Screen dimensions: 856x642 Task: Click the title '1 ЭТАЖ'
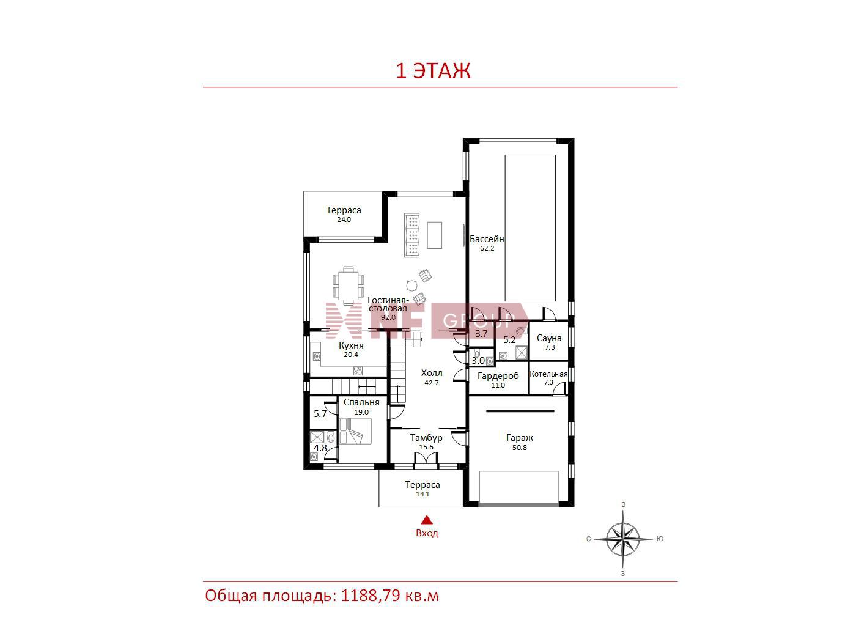point(433,71)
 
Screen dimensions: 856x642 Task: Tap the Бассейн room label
point(486,238)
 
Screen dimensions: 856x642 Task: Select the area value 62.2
point(487,248)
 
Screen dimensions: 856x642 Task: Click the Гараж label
point(520,438)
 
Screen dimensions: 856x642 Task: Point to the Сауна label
point(549,338)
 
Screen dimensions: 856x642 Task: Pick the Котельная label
point(548,374)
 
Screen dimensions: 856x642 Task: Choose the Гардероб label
point(498,376)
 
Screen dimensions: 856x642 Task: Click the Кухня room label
point(351,345)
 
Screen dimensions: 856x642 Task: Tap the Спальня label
point(361,402)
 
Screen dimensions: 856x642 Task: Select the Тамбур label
point(426,437)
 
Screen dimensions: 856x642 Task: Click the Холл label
point(432,373)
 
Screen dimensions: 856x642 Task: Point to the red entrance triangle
point(427,520)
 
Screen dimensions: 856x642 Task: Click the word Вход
point(427,533)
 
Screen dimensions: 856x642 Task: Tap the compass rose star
point(623,539)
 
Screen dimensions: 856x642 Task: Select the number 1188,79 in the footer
point(371,596)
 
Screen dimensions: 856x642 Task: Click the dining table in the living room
point(349,286)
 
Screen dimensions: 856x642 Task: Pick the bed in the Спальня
point(355,431)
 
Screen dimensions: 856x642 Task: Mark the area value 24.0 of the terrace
point(344,220)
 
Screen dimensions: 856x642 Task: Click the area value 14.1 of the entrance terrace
point(422,494)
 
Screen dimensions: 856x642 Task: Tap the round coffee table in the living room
point(411,286)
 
